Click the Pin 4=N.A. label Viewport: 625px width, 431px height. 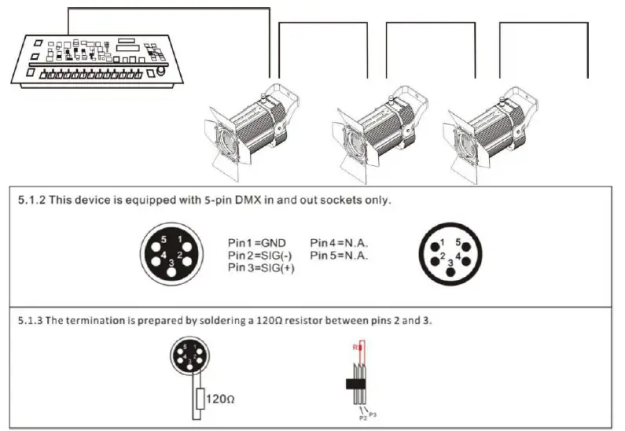point(340,243)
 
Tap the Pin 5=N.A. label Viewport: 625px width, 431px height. point(340,256)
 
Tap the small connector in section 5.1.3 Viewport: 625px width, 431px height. point(189,359)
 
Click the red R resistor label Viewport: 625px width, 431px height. point(355,346)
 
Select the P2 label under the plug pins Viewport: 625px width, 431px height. point(362,419)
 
